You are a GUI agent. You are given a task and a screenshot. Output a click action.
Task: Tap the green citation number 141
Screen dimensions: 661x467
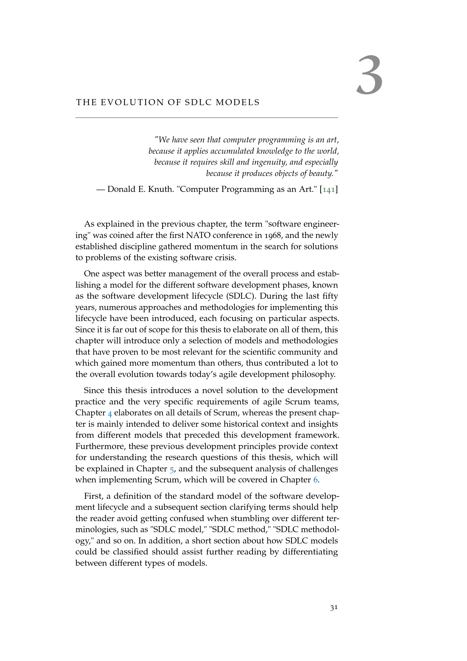(329, 189)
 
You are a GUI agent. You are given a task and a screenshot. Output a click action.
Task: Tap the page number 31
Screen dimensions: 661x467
(333, 608)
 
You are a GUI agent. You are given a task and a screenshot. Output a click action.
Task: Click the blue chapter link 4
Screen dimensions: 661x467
(110, 413)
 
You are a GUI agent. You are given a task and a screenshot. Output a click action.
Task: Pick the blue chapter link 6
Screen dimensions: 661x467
(315, 480)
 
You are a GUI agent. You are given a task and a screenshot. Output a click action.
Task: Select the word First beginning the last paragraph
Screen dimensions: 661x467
(93, 496)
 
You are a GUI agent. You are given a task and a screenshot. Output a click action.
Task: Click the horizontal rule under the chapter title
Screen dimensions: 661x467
(206, 118)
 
